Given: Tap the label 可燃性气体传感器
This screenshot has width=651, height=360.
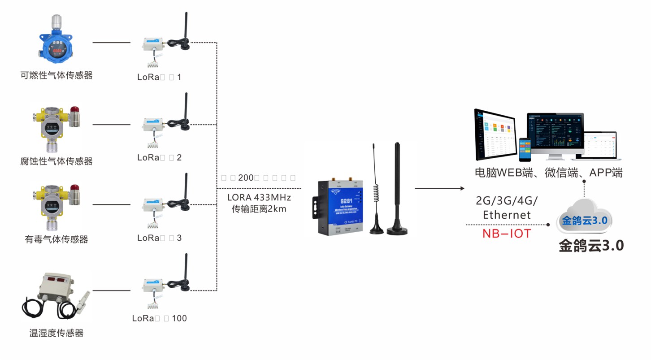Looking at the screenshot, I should point(56,75).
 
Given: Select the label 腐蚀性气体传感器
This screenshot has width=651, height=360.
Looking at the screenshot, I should point(56,161).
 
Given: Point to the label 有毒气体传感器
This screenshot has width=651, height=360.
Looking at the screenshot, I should point(56,239).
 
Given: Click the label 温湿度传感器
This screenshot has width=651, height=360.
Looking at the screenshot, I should point(56,333).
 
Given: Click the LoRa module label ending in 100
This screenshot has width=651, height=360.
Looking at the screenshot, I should point(159,319).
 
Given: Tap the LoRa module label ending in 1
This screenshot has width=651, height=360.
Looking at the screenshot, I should point(159,77).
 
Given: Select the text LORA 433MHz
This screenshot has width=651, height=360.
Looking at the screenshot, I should point(259,197).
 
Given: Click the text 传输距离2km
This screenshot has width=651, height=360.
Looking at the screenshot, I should point(259,208).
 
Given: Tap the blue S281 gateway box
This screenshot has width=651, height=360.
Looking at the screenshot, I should point(341,207).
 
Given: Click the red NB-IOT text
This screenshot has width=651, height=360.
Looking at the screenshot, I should point(507,234).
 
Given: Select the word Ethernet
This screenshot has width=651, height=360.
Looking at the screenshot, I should point(507,215).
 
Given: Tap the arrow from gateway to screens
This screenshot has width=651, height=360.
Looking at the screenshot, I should point(439,188).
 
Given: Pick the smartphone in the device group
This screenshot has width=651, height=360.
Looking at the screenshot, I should point(525,149).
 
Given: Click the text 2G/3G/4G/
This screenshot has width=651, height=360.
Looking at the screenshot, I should point(507,200).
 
